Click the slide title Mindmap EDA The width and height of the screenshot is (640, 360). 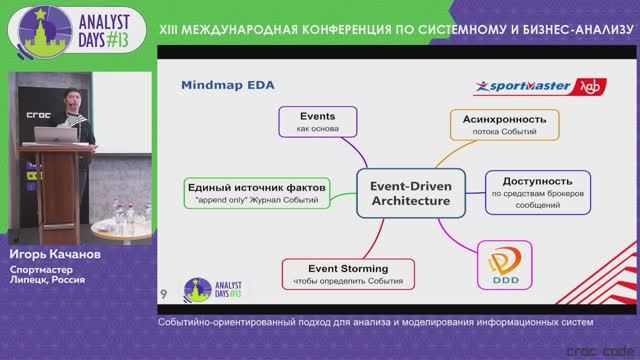pyautogui.click(x=225, y=88)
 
